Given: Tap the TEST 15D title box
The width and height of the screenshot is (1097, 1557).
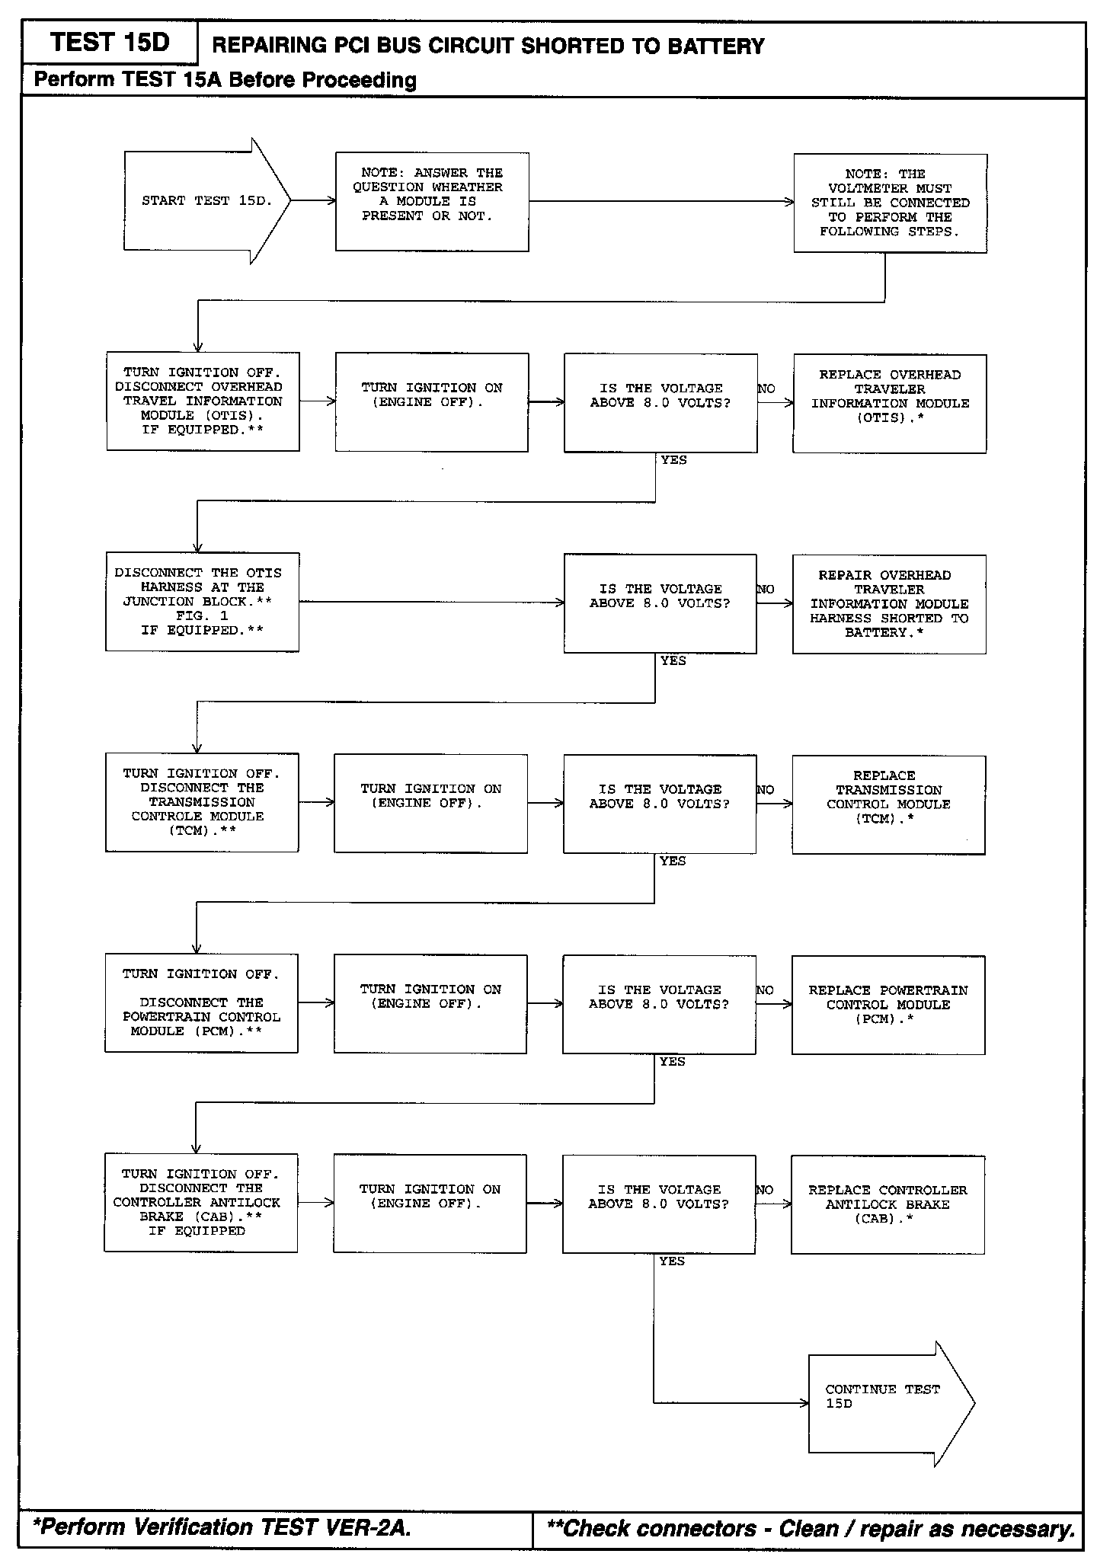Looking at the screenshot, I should [110, 43].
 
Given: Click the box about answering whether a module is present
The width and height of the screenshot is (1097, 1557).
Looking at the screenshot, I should [432, 202].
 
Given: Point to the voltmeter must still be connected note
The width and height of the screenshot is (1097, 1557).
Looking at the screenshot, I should [890, 203].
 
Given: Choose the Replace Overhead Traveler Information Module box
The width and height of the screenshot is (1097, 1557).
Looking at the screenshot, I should [889, 403].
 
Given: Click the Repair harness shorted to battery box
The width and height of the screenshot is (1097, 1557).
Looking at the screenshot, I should [889, 604].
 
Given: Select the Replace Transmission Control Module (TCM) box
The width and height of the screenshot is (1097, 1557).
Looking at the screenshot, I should [888, 804].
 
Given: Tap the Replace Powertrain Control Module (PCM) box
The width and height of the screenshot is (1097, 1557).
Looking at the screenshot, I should [888, 1005].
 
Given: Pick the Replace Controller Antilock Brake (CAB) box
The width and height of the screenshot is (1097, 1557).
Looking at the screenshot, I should [888, 1204].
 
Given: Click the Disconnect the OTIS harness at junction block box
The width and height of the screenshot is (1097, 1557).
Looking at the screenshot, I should [202, 602].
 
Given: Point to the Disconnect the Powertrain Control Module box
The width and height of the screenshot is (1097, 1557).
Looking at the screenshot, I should [201, 1003].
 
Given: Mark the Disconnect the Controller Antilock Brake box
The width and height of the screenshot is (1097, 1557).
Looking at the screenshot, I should [200, 1203].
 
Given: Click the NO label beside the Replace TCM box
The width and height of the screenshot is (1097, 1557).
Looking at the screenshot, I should [766, 790].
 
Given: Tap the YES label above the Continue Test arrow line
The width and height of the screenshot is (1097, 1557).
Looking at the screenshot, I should [672, 1261].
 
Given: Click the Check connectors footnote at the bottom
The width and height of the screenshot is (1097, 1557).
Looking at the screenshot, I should [811, 1528].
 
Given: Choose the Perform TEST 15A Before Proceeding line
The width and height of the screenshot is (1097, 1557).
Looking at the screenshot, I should [225, 80].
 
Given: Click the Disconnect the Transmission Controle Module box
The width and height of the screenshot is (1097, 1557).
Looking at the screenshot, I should [202, 802].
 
